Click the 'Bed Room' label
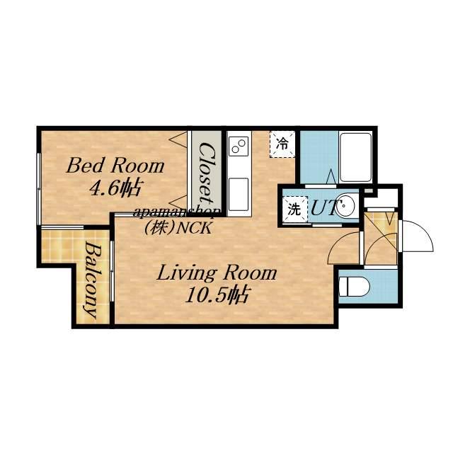(115, 166)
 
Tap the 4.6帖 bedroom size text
(116, 188)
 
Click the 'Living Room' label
(217, 273)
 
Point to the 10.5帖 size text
(216, 294)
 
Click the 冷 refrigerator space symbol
(282, 144)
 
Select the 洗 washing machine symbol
(294, 210)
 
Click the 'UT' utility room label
(323, 208)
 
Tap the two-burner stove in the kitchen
(239, 145)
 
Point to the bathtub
(355, 157)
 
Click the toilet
(354, 287)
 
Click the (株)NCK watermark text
(178, 228)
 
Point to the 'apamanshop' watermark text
(177, 213)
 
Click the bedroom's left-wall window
(38, 189)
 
